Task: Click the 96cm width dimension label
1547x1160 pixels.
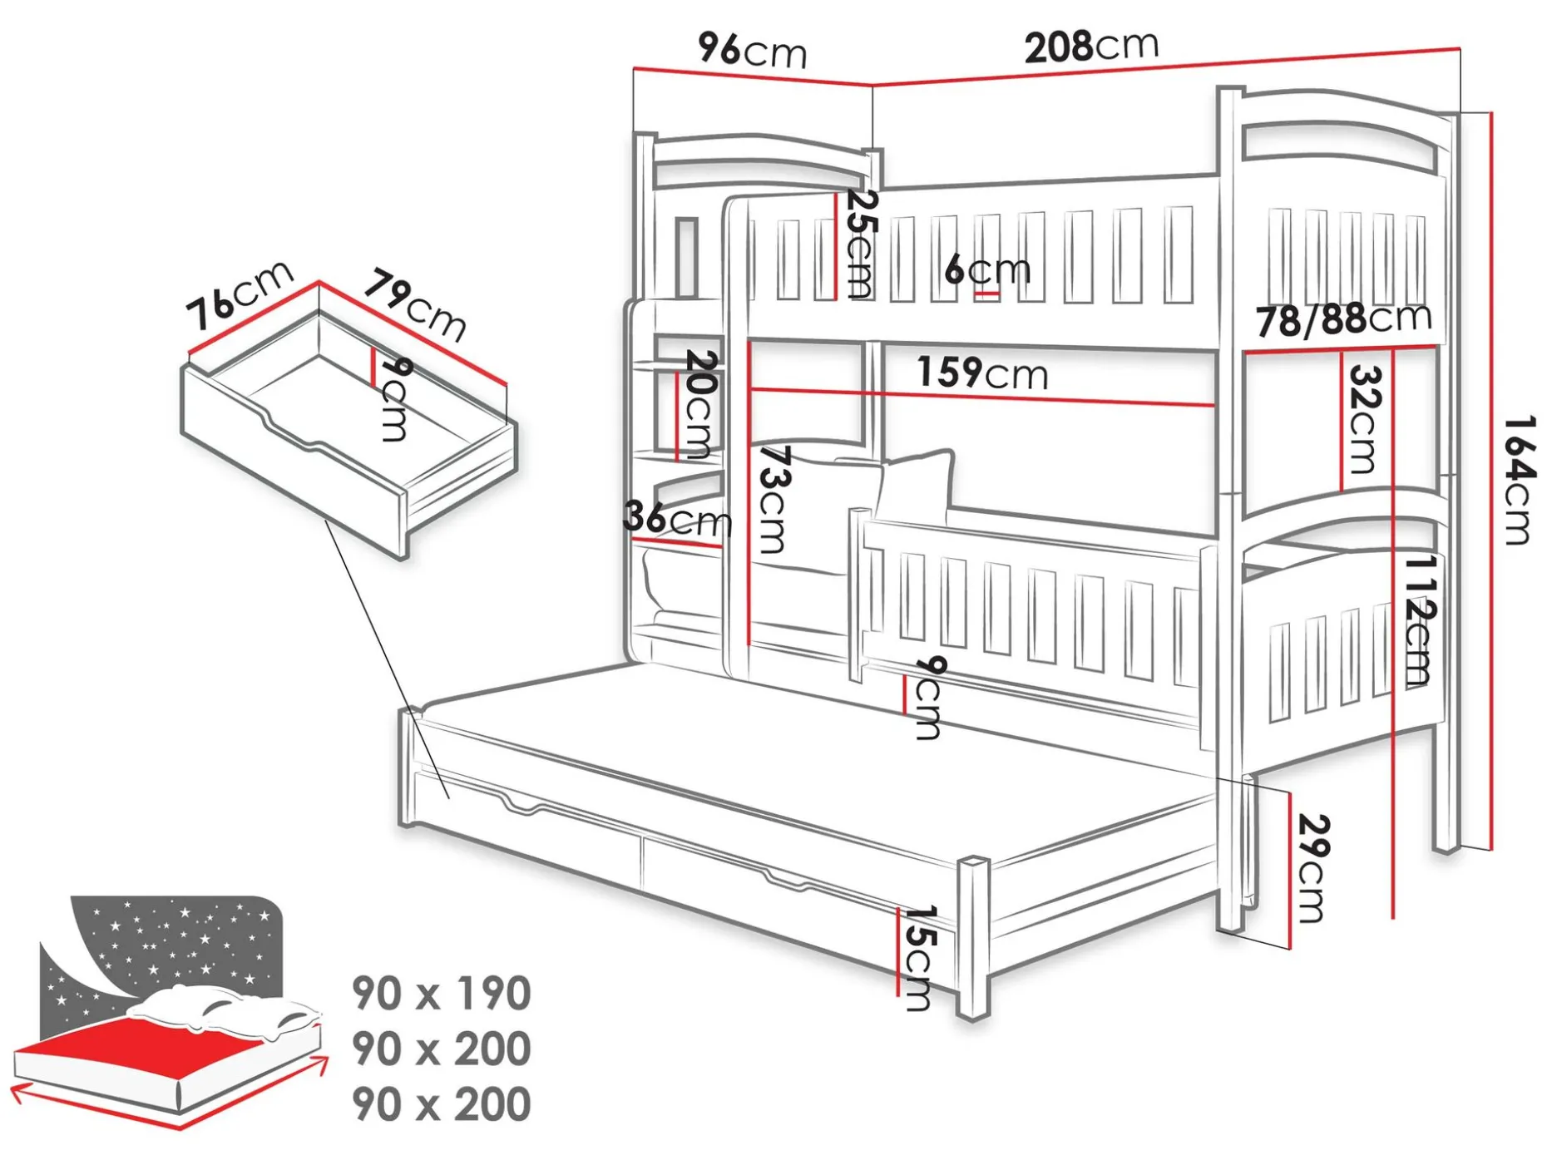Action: coord(753,50)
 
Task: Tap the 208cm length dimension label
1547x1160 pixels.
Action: coord(1091,47)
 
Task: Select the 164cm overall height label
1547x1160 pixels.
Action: coord(1518,480)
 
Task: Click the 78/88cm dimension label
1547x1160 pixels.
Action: coord(1344,319)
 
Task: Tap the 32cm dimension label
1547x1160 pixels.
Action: coord(1364,419)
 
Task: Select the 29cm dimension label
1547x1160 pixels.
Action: coord(1313,868)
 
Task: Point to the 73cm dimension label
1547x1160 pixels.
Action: coord(774,500)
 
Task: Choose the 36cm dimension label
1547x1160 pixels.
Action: coord(678,518)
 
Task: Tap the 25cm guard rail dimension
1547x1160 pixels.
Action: coord(860,244)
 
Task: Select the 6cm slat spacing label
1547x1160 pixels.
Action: coord(988,269)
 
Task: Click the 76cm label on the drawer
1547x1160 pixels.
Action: coord(240,294)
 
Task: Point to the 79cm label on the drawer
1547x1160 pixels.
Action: coord(414,304)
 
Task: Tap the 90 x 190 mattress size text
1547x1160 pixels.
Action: coord(442,993)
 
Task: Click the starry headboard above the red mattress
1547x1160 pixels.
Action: coord(166,948)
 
